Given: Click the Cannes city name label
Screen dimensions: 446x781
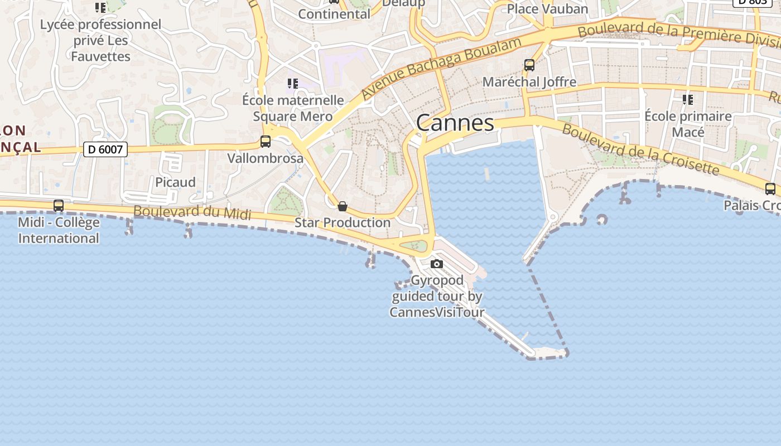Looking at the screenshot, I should point(455,123).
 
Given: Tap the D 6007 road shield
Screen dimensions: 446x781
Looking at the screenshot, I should point(105,149).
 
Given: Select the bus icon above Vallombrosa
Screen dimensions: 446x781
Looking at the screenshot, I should point(266,142).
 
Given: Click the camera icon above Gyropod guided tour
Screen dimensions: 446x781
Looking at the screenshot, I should point(437,264).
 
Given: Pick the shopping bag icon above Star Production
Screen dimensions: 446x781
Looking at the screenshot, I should point(343,206).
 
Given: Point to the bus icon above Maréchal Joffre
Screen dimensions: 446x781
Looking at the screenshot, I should point(529,65).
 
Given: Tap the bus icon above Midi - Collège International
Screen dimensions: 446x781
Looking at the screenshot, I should point(59,206).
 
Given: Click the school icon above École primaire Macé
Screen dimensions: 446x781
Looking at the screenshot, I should point(688,100).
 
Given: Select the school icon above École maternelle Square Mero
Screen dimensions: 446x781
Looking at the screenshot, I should point(293,84).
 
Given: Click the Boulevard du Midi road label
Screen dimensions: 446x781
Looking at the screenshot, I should point(192,212).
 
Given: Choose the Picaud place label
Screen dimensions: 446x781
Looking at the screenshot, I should point(175,182).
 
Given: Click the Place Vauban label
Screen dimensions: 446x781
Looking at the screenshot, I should point(547,9).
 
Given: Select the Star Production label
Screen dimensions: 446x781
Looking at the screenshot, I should point(343,222).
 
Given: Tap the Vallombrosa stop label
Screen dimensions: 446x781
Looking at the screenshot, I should point(266,158).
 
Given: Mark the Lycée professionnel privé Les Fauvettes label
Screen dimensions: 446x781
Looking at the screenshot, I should point(100,40).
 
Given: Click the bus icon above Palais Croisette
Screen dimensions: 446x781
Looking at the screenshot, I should point(770,189).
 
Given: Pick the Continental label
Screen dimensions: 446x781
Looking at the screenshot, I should point(334,14).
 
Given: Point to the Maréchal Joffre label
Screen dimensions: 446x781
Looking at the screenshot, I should point(529,82).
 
